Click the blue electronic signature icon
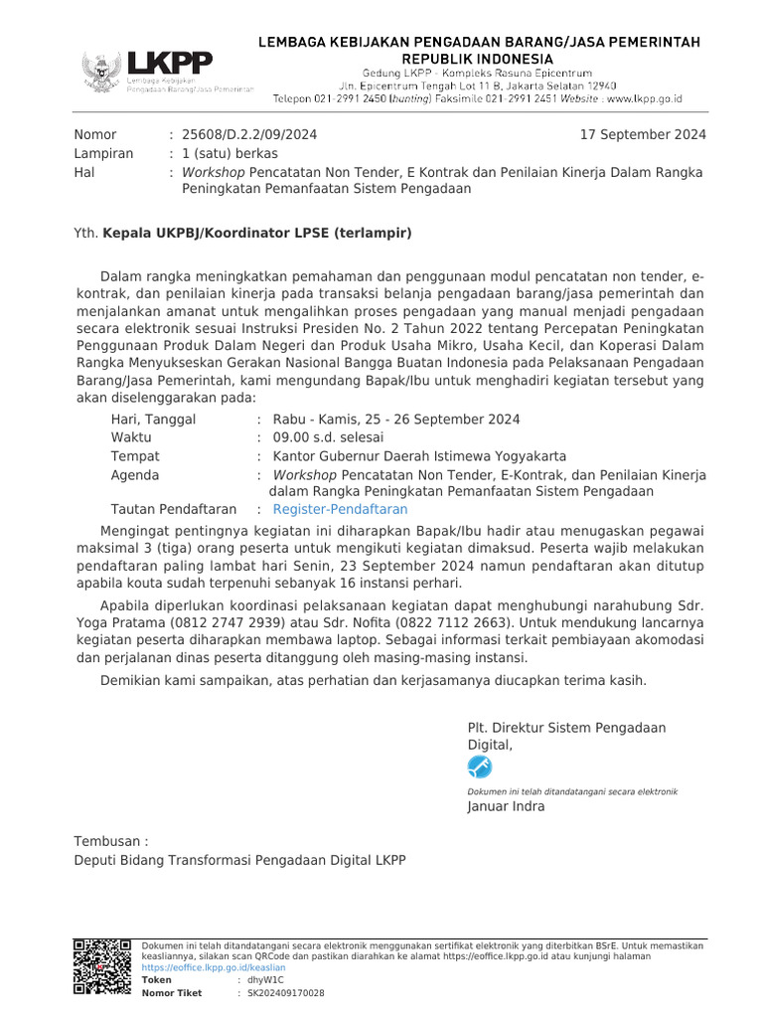(x=479, y=766)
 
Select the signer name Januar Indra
(x=506, y=806)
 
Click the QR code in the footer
(x=103, y=966)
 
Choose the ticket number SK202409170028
(x=285, y=992)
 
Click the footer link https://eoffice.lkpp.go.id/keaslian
(x=214, y=967)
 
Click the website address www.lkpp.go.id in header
(x=644, y=99)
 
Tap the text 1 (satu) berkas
(x=229, y=153)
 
